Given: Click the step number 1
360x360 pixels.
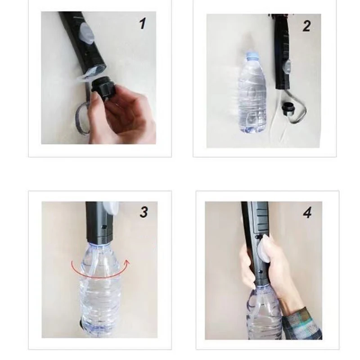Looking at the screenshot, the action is point(143,24).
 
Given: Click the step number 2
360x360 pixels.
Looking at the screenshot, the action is point(307,26).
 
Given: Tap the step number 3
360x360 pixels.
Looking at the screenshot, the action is point(144,212).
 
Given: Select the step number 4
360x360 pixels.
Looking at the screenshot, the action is point(307,213).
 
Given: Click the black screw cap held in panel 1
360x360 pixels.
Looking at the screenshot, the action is point(103,86).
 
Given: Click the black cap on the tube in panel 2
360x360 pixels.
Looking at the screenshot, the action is point(288,108).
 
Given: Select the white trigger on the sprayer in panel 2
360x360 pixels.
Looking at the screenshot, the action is point(287,66).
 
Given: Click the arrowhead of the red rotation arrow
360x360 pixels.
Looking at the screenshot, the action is point(127,262).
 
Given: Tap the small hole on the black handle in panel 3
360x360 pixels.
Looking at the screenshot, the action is point(104,227).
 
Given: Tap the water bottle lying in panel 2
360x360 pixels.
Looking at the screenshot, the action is point(252,93).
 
